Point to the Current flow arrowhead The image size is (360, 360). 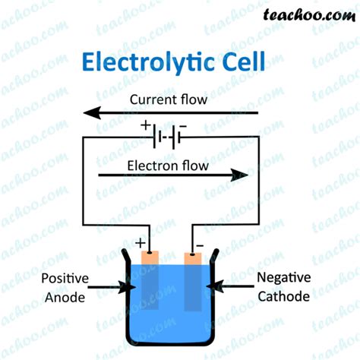92,113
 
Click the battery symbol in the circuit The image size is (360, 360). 167,137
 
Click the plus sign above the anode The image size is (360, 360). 140,243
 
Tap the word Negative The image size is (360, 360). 282,278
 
